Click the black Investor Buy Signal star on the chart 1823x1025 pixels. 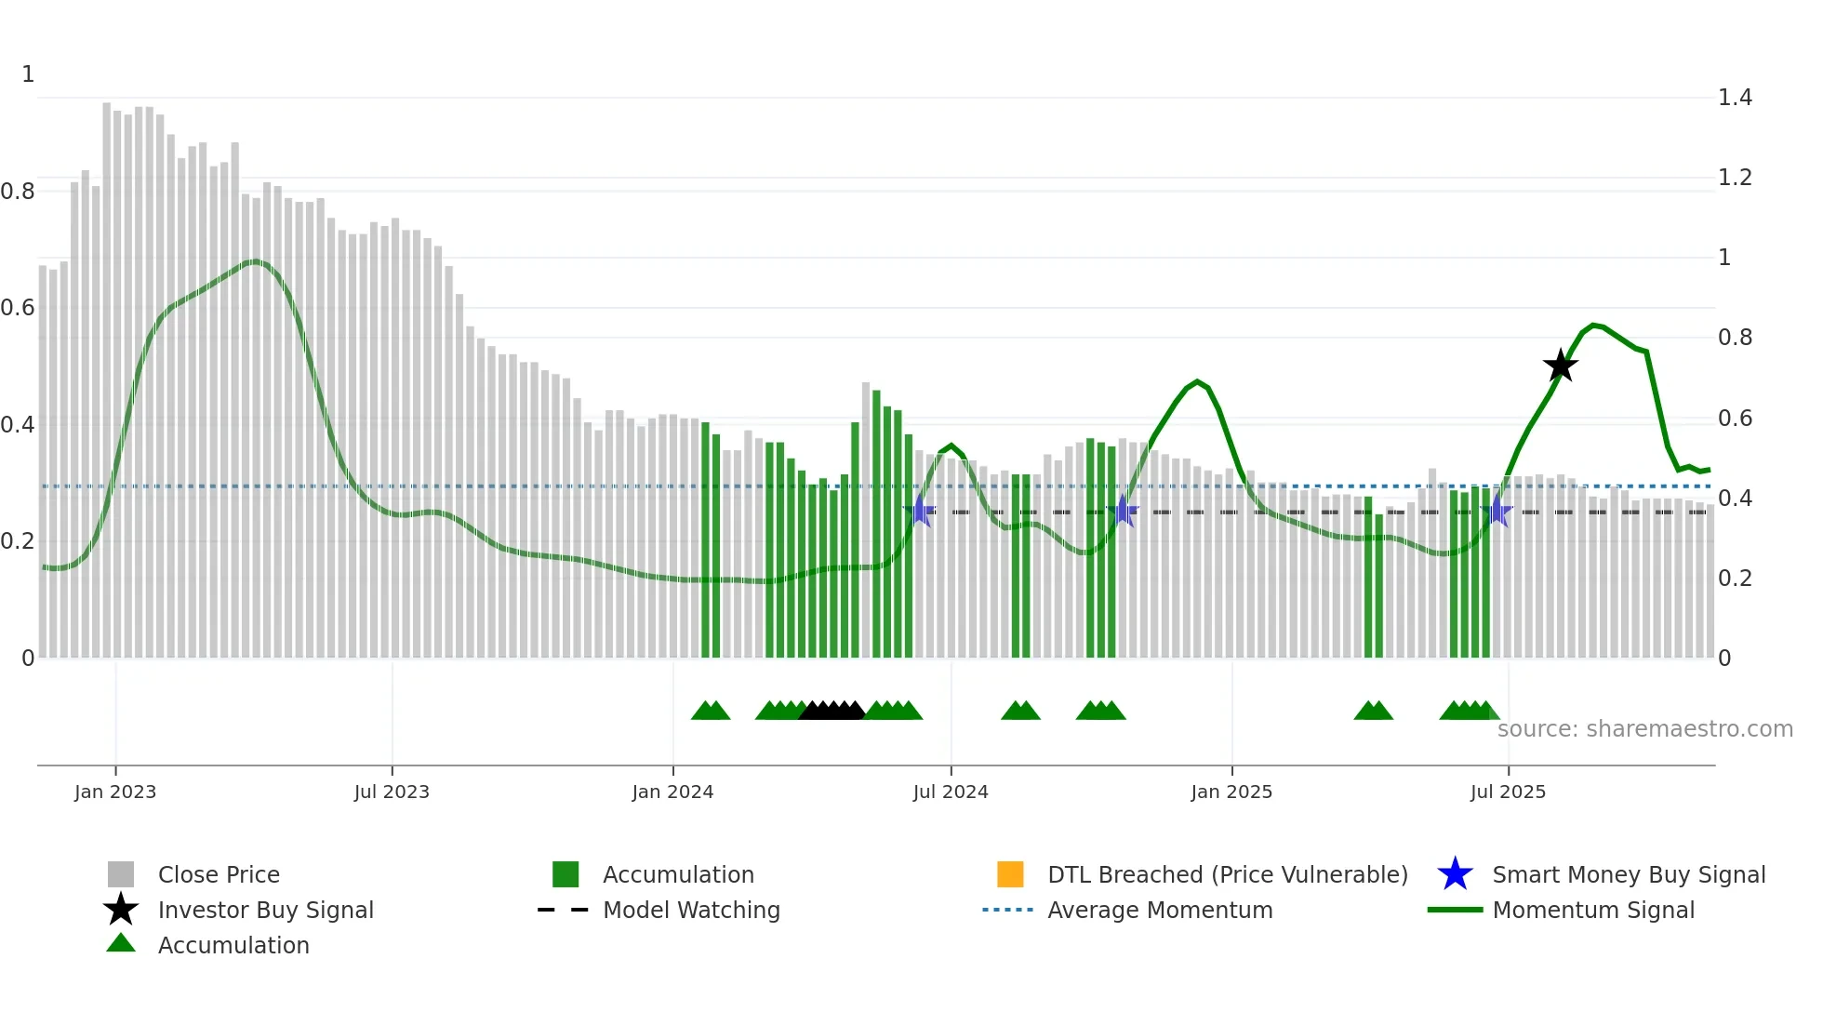pyautogui.click(x=1561, y=366)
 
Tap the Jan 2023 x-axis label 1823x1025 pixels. pyautogui.click(x=115, y=792)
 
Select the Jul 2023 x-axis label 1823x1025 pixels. pyautogui.click(x=392, y=792)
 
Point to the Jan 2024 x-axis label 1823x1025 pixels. pyautogui.click(x=672, y=792)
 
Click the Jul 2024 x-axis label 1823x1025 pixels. pyautogui.click(x=951, y=792)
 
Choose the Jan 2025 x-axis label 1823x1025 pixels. pyautogui.click(x=1231, y=792)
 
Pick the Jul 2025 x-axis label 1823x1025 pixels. pyautogui.click(x=1508, y=792)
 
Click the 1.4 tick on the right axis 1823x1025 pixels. pyautogui.click(x=1735, y=98)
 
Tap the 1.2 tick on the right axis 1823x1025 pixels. pyautogui.click(x=1735, y=178)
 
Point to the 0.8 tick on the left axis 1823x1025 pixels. pyautogui.click(x=18, y=192)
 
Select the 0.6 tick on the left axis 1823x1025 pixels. pyautogui.click(x=18, y=308)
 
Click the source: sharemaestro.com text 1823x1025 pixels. pyautogui.click(x=1644, y=729)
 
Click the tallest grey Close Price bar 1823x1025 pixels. pyautogui.click(x=107, y=372)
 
